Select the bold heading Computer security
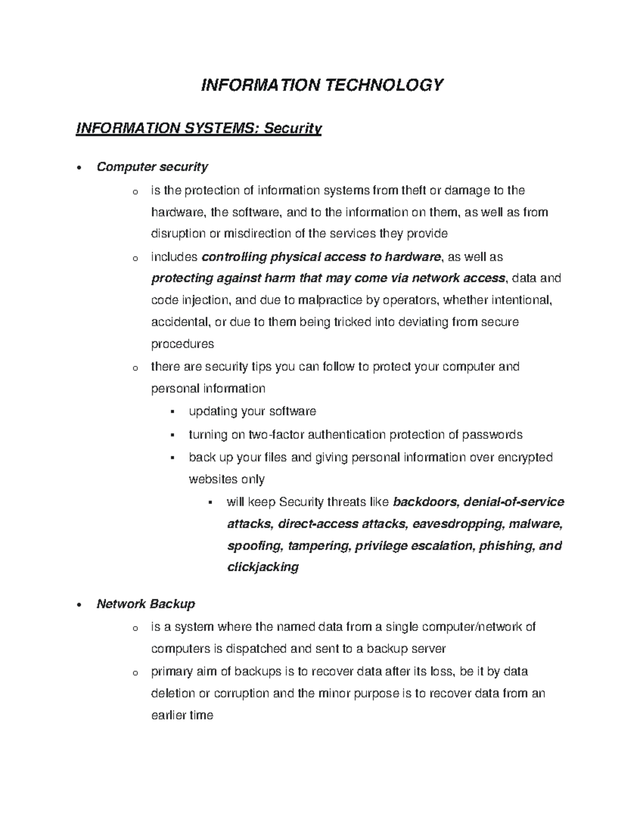pyautogui.click(x=152, y=167)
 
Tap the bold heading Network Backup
pyautogui.click(x=146, y=604)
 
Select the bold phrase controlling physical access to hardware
pyautogui.click(x=320, y=257)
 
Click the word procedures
pyautogui.click(x=182, y=344)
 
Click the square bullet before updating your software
pyautogui.click(x=172, y=412)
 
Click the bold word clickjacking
pyautogui.click(x=263, y=567)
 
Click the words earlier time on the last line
pyautogui.click(x=182, y=715)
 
